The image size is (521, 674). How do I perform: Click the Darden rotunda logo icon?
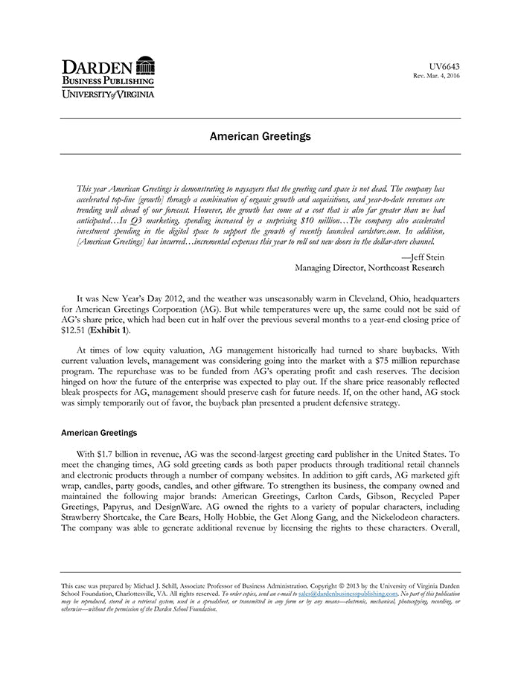coord(146,65)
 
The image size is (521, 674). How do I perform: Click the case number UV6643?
coord(445,67)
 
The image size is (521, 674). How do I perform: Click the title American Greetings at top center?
coord(260,137)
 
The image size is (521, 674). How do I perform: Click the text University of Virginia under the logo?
coord(108,94)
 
